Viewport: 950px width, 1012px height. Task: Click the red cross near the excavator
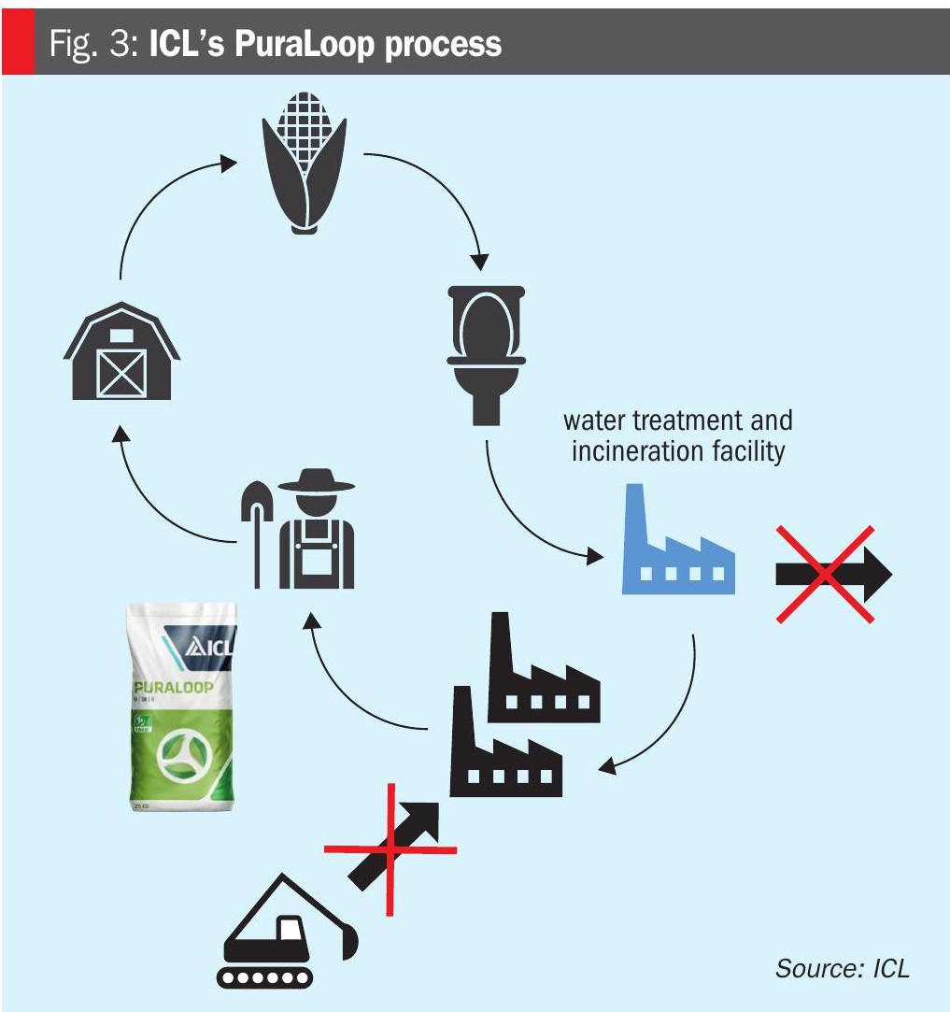tap(390, 849)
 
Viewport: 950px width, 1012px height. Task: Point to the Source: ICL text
tap(841, 968)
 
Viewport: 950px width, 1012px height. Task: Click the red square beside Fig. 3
tap(17, 44)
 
